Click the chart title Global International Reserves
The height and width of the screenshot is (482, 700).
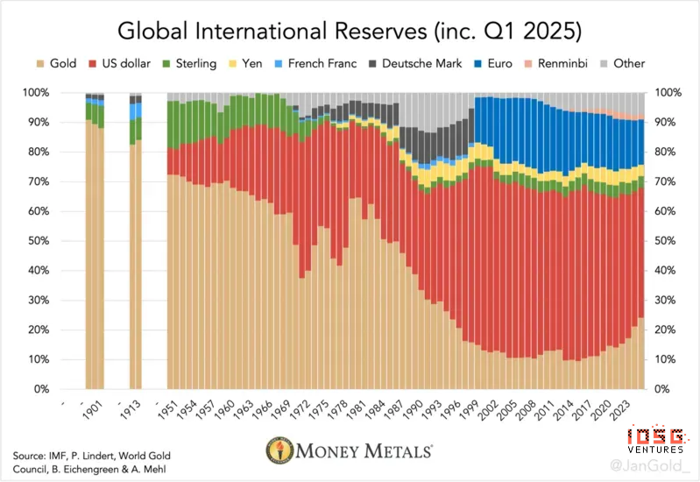[x=350, y=32]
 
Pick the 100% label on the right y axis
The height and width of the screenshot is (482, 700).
[x=666, y=93]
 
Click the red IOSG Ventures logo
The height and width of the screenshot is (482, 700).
[x=652, y=436]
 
